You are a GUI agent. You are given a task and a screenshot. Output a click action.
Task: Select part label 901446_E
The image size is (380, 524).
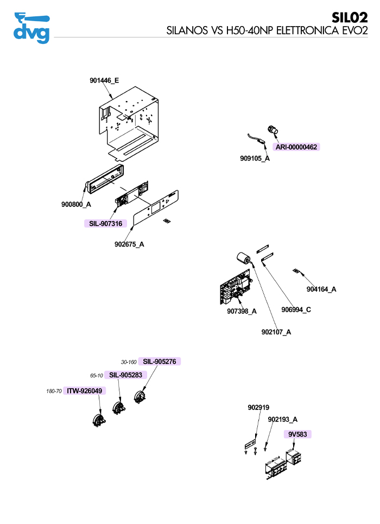tap(104, 81)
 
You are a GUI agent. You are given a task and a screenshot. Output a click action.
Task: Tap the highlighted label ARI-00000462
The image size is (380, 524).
tap(296, 147)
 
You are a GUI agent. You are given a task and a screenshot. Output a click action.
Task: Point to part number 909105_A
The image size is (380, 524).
tap(255, 159)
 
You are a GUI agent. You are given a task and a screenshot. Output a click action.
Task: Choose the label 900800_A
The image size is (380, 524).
tap(76, 205)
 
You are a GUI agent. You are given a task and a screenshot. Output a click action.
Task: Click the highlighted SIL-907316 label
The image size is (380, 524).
tap(105, 223)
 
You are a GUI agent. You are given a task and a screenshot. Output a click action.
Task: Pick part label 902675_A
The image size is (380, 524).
tap(129, 244)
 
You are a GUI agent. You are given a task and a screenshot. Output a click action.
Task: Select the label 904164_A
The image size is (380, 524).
tap(321, 289)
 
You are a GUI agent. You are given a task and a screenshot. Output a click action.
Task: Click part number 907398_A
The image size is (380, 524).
tap(242, 311)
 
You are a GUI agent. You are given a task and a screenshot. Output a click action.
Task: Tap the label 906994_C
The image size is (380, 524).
tap(296, 310)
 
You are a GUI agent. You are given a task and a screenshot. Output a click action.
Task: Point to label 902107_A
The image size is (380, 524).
tap(276, 332)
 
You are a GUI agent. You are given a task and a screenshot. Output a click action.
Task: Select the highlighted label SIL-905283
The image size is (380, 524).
tap(125, 375)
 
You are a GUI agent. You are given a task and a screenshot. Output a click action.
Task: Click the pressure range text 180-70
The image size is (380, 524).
tap(54, 391)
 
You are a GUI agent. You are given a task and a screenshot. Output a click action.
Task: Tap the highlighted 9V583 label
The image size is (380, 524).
tap(297, 434)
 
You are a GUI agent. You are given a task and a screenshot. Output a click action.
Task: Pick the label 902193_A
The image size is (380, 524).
tap(283, 419)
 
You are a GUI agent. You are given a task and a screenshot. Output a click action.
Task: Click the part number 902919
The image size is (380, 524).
tap(258, 408)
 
